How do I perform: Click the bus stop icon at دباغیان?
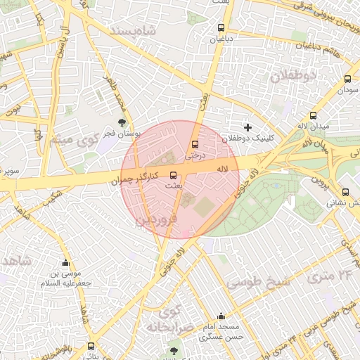[221, 28]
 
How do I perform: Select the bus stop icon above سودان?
[347, 79]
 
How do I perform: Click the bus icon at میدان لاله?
[313, 116]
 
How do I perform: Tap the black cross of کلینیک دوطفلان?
[247, 127]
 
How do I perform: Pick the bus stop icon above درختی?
[195, 145]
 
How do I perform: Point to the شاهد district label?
[15, 261]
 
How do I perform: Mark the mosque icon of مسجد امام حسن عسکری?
[222, 316]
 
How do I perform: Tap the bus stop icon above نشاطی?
[345, 192]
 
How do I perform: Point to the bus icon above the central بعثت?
[173, 176]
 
